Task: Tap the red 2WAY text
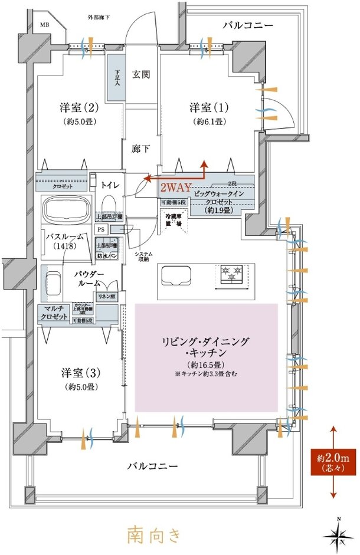click(176, 188)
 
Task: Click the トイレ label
click(110, 185)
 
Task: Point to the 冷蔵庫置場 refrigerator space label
click(175, 221)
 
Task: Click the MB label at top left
click(45, 25)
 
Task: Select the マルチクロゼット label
click(54, 312)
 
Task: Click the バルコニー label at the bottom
click(152, 466)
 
